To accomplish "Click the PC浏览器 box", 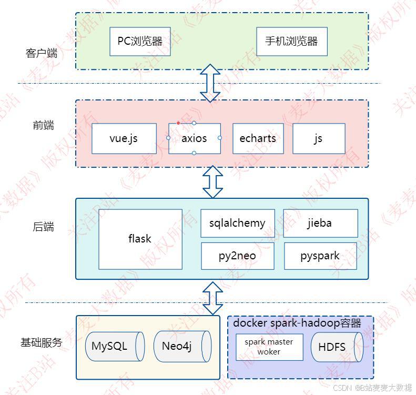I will coord(140,40).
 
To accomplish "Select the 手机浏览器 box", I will coord(291,40).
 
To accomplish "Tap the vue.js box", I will coord(124,139).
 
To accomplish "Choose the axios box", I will coord(194,139).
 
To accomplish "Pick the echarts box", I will coord(258,139).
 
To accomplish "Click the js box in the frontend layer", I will coord(319,139).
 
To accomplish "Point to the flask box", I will coord(140,239).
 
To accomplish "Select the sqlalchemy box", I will coord(237,223).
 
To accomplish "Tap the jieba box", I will coord(320,223).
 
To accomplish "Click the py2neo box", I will coord(238,256).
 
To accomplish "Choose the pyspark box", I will coord(320,256).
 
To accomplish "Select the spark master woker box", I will coord(269,347).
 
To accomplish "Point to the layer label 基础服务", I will coord(41,342).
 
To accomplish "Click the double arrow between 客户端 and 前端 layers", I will coord(210,83).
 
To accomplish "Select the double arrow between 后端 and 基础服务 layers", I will coord(212,298).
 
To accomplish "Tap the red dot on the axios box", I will coord(178,123).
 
